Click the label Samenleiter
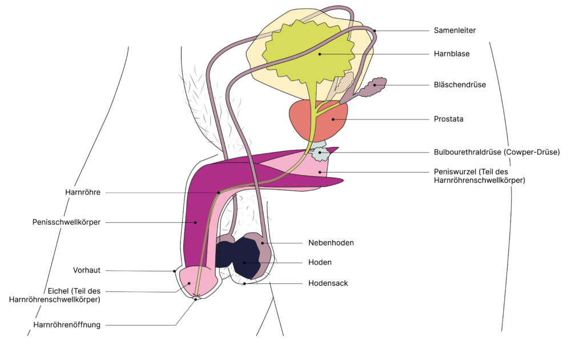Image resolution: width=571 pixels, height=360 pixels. [x=455, y=30]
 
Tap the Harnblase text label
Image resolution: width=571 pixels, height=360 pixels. [x=451, y=54]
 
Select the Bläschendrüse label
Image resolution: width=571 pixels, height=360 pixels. [x=460, y=85]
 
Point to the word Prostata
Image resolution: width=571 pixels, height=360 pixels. [x=448, y=119]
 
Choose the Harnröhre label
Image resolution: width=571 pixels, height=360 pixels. [x=83, y=193]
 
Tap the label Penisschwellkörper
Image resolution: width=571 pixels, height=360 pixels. [x=66, y=222]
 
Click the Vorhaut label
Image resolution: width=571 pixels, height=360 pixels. [x=87, y=270]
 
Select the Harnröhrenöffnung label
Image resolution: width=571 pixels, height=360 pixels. [x=67, y=325]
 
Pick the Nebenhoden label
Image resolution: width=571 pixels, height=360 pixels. [x=331, y=243]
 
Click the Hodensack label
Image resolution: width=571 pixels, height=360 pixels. [x=328, y=283]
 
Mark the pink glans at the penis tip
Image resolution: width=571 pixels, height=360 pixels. [x=191, y=280]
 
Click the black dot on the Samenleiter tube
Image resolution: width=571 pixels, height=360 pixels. [x=375, y=30]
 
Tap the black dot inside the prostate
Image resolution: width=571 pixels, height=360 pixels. [x=333, y=119]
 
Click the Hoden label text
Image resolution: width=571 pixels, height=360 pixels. [x=320, y=262]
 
